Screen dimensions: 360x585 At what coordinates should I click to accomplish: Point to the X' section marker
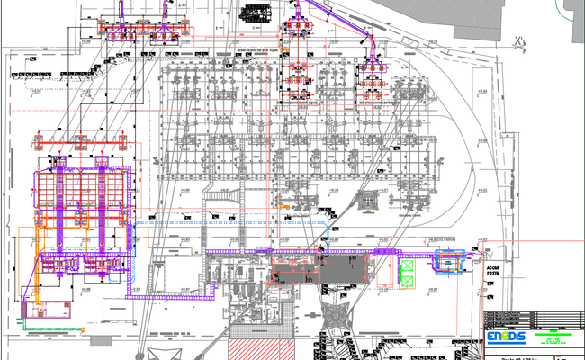click(x=518, y=40)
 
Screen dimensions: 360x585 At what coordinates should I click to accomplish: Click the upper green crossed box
click(x=407, y=265)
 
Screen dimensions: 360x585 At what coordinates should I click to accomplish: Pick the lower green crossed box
click(x=407, y=282)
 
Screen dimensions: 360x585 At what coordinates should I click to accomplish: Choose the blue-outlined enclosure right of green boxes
click(x=448, y=263)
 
